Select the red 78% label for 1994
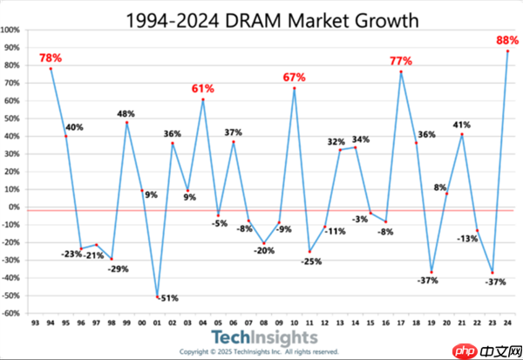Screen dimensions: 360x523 pyautogui.click(x=51, y=58)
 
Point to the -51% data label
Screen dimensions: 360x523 pyautogui.click(x=166, y=298)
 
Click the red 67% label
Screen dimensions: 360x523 pyautogui.click(x=295, y=78)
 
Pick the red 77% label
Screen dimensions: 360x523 pyautogui.click(x=401, y=61)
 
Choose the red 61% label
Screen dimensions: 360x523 pyautogui.click(x=203, y=89)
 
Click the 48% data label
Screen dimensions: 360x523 pyautogui.click(x=126, y=112)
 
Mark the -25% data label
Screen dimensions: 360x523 pyautogui.click(x=311, y=261)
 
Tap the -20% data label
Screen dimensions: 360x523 pyautogui.click(x=263, y=251)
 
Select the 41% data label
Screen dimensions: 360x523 pyautogui.click(x=461, y=125)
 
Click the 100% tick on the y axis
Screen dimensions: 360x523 pyautogui.click(x=12, y=30)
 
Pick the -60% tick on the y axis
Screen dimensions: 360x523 pyautogui.click(x=12, y=314)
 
